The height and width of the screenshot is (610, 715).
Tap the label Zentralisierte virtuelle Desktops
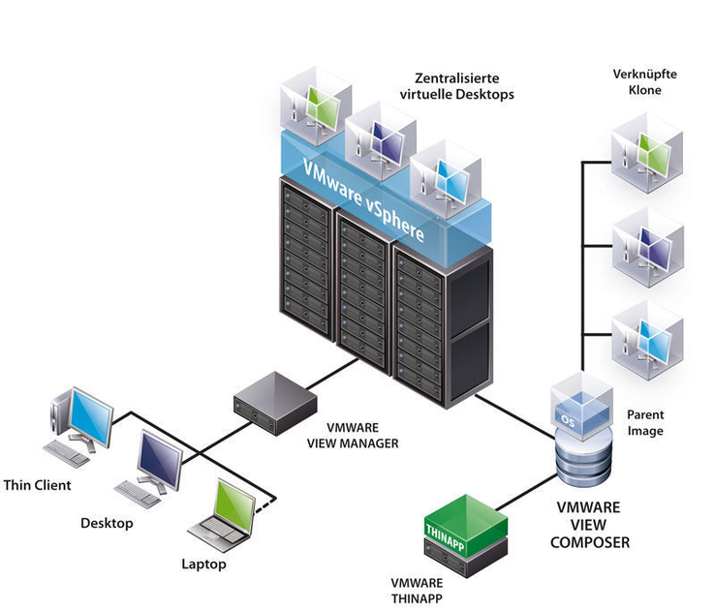tap(456, 87)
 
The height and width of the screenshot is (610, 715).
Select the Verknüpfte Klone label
tap(637, 81)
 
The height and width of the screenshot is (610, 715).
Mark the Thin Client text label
tap(38, 484)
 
